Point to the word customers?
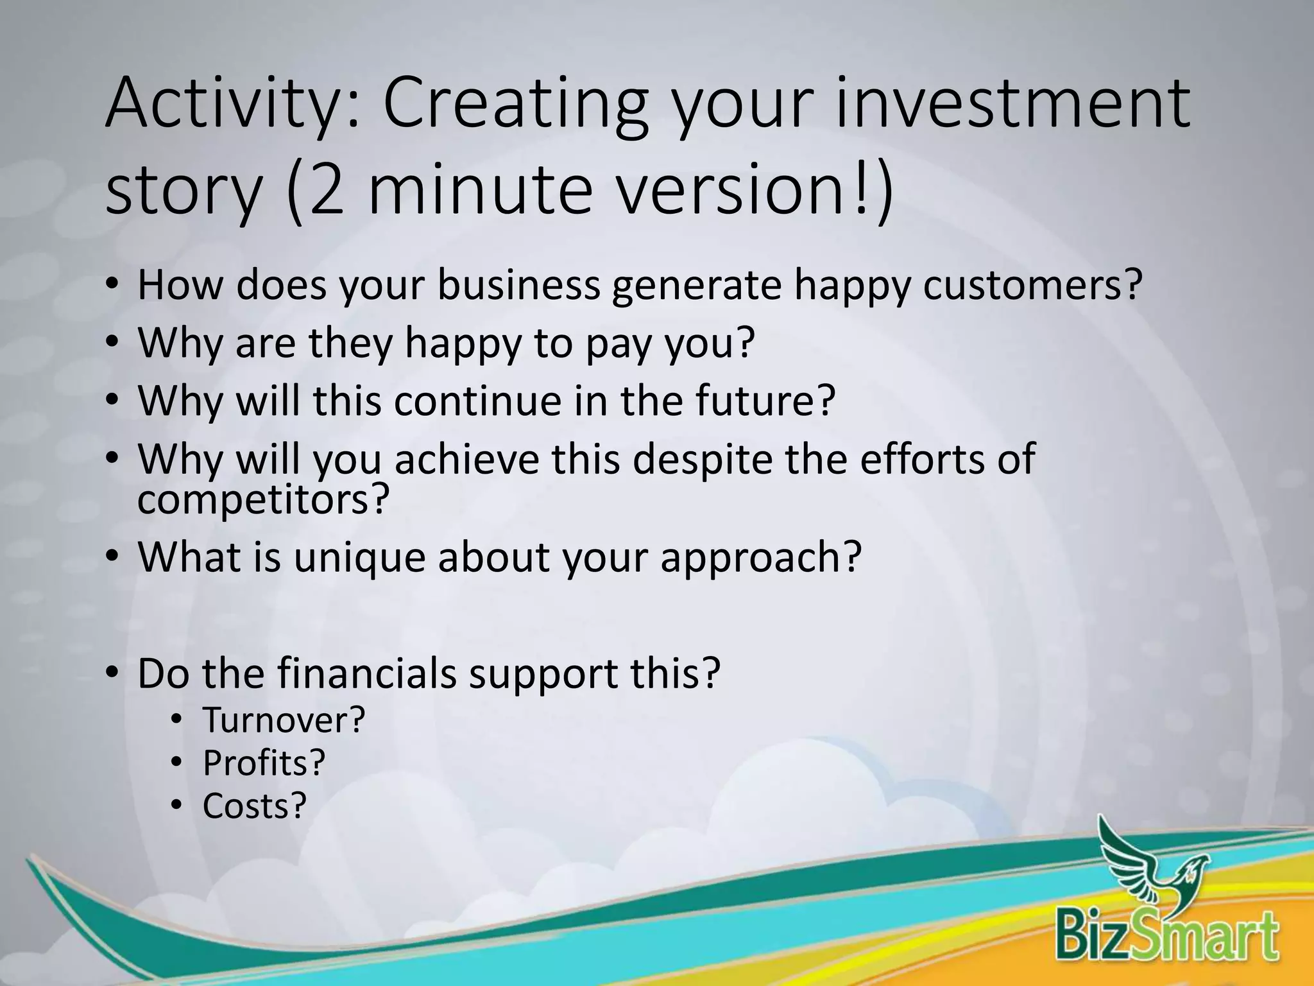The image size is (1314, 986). point(1033,286)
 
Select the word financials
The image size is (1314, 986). point(366,674)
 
